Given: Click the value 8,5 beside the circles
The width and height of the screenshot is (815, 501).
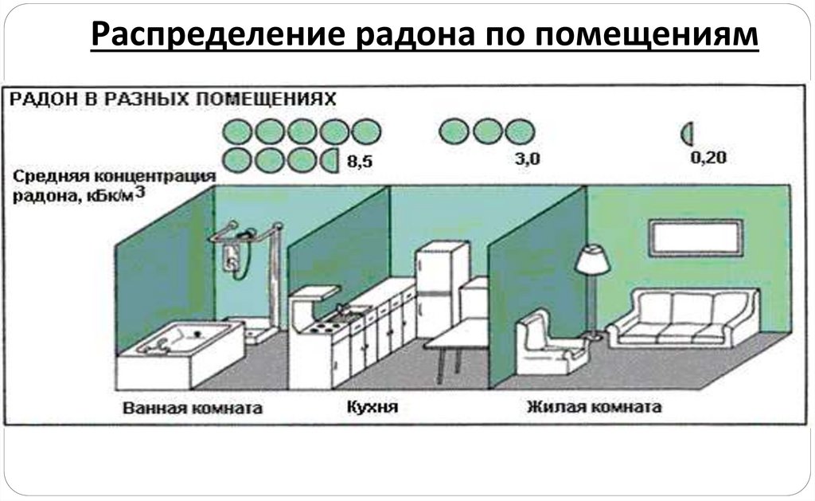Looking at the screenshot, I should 360,162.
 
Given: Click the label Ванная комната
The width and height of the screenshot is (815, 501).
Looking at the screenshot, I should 193,409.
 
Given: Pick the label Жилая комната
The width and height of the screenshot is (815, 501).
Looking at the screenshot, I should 594,408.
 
